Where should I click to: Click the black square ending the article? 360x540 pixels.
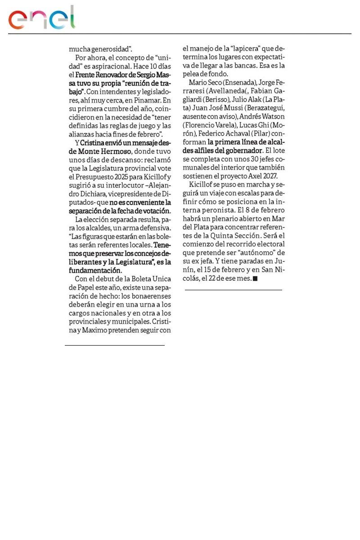click(255, 279)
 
